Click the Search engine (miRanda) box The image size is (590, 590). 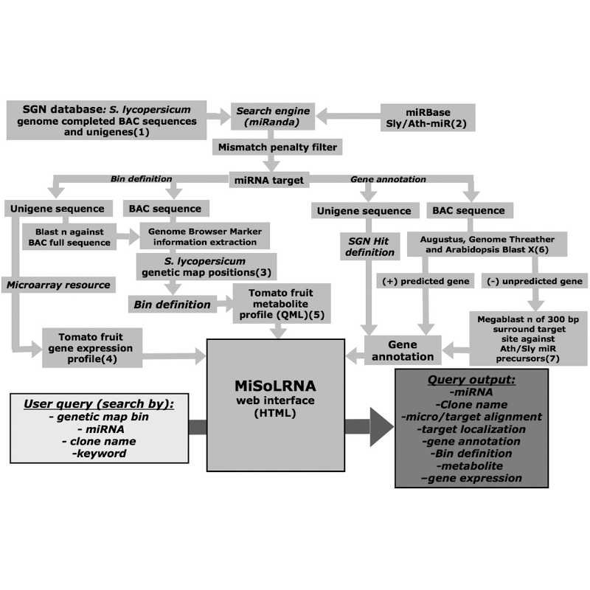point(273,117)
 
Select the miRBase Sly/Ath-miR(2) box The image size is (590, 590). point(428,118)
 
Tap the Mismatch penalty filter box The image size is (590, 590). point(277,147)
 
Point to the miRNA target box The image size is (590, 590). point(269,180)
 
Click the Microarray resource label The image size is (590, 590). point(58,285)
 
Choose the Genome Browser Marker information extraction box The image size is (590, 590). point(205,236)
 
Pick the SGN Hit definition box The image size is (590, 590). point(369,246)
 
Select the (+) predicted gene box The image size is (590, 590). point(426,281)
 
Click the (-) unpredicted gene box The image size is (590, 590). point(535,281)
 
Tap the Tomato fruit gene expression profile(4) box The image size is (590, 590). point(91,347)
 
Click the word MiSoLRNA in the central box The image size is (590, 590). point(275,386)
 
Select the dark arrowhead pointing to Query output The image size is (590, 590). point(381,427)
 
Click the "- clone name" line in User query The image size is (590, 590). point(99,441)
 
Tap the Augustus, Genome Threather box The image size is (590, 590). point(487,244)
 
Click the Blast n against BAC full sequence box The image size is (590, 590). point(69,237)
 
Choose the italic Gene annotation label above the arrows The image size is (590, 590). point(388,179)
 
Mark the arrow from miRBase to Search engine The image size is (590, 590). point(348,117)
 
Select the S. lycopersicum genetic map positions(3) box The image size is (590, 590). point(206,266)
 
